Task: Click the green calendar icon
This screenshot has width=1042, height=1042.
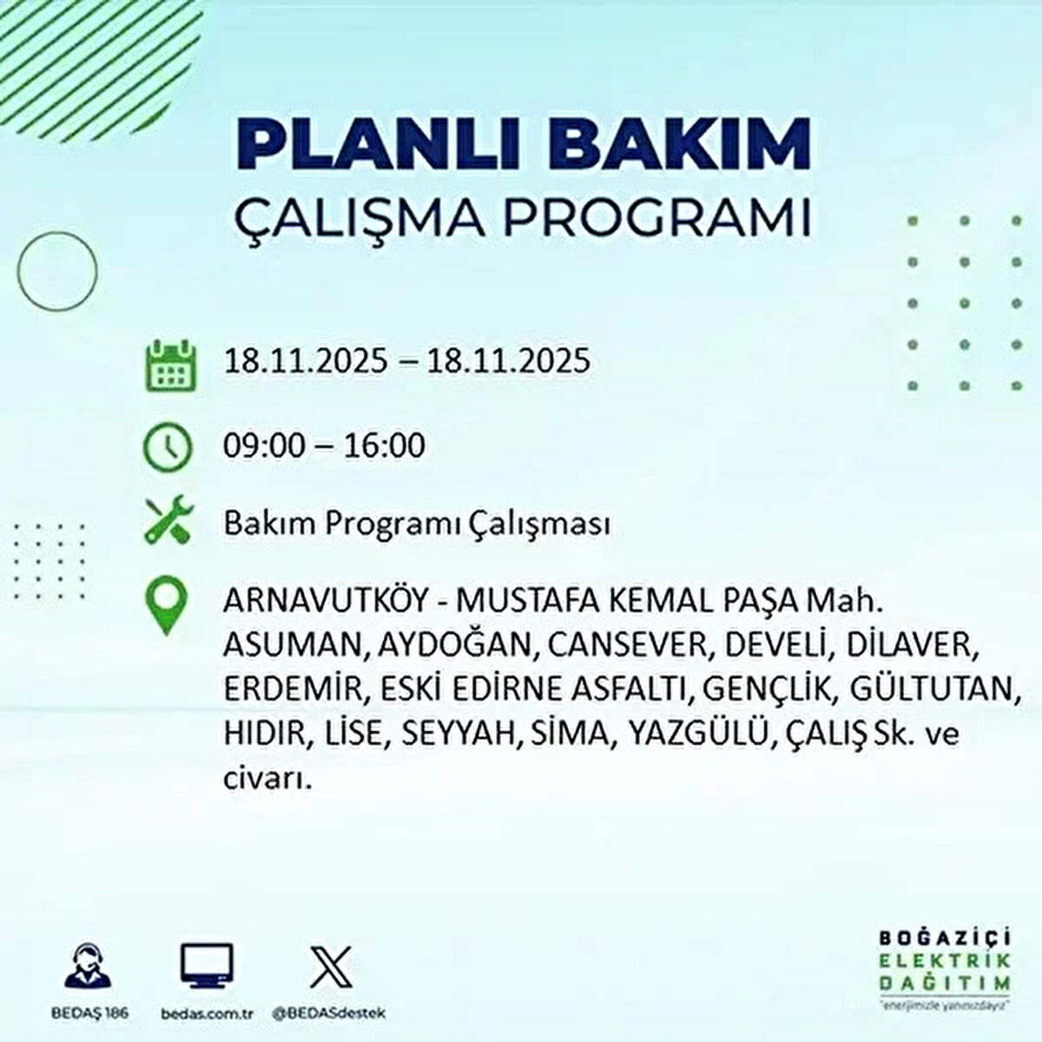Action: point(167,363)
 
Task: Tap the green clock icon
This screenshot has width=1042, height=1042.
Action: point(167,446)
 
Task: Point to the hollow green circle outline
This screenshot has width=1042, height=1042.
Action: point(58,273)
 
